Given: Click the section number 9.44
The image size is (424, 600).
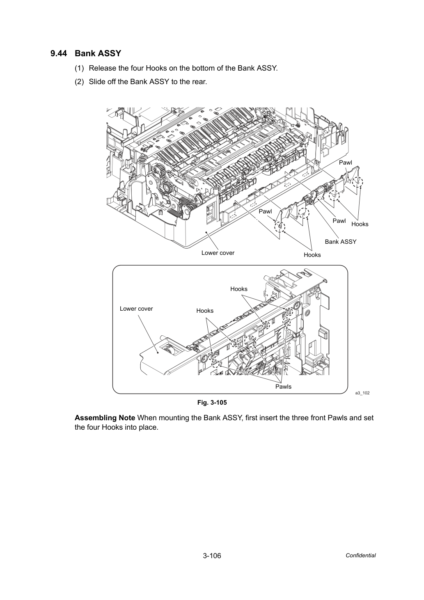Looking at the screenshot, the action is [59, 53].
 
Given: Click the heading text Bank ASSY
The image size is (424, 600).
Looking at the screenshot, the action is [98, 53].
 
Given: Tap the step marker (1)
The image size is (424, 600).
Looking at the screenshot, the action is [79, 68].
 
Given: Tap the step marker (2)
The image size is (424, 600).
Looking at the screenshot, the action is [79, 82].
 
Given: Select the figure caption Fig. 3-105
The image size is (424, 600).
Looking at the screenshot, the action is [212, 403].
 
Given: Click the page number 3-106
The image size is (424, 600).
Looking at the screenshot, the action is [212, 556].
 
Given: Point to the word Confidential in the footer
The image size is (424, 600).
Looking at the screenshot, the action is [360, 556].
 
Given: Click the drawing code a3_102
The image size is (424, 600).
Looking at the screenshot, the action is [362, 393].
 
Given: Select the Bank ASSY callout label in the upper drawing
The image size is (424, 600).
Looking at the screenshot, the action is [340, 242].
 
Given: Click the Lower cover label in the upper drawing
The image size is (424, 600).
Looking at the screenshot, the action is [218, 253].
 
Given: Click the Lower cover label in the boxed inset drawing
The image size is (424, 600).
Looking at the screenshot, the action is [136, 309].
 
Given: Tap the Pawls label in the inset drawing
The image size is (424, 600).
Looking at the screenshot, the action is [283, 387].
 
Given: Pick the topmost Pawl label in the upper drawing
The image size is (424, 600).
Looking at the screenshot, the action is [346, 163].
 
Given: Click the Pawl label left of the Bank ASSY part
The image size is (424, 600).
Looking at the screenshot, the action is [265, 211].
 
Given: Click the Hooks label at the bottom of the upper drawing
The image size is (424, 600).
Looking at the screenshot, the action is [312, 255].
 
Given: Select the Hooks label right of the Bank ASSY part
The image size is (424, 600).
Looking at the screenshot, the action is [360, 224].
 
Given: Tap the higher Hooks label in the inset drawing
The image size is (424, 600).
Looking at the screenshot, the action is [238, 289].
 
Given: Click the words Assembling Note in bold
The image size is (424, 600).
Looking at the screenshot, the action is [105, 418].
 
